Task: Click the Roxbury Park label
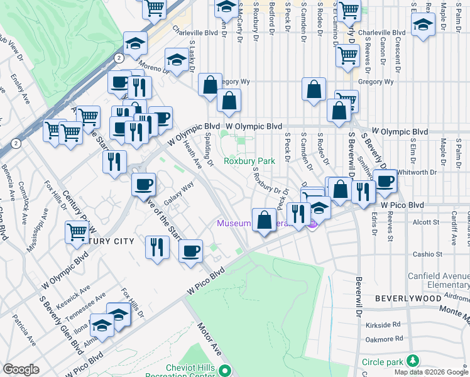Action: (x=249, y=161)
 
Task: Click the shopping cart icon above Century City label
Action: (x=77, y=231)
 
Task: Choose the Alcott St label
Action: (x=425, y=222)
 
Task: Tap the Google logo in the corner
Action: (x=21, y=369)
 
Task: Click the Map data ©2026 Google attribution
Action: (x=430, y=372)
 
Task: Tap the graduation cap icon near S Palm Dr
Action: (x=424, y=25)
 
